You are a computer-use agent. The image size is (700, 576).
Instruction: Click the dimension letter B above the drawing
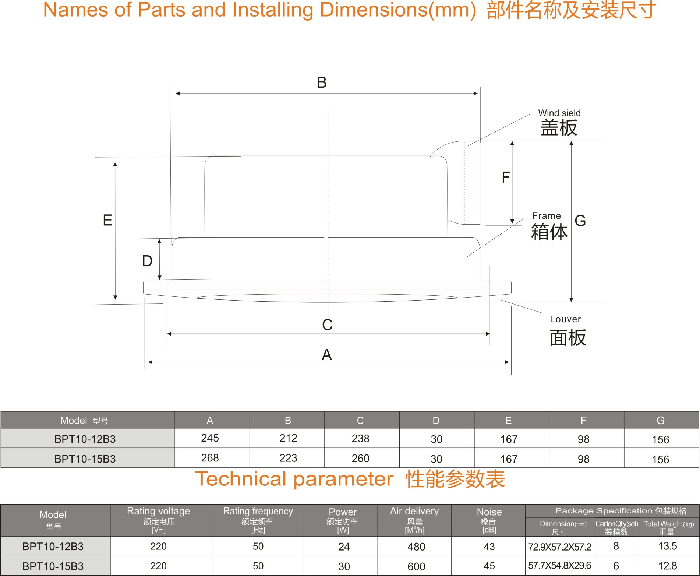(322, 82)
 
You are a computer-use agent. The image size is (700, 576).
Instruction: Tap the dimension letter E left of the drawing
(107, 220)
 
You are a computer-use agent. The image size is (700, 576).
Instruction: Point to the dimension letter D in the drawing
(147, 261)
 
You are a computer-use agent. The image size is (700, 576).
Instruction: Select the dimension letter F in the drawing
(506, 178)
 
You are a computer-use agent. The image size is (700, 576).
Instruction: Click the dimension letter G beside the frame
(580, 221)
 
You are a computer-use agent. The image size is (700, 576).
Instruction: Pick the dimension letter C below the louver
(327, 325)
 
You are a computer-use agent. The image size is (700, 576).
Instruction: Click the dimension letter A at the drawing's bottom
(327, 355)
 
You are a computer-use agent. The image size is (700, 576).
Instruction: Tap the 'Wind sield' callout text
(559, 113)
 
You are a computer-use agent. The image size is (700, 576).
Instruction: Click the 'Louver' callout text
(565, 319)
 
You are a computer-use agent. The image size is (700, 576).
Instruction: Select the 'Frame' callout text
(547, 216)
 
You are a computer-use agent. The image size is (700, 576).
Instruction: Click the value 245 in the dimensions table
(210, 438)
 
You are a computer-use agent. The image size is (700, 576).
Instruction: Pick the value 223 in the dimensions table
(288, 458)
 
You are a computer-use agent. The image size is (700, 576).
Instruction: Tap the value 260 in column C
(360, 459)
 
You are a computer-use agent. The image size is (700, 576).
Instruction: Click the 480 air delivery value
(416, 547)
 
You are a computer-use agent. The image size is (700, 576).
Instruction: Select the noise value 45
(489, 566)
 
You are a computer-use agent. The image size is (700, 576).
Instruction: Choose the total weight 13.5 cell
(668, 546)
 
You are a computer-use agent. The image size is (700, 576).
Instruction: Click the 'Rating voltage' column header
(158, 511)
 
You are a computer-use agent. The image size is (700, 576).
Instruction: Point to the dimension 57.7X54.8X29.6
(559, 566)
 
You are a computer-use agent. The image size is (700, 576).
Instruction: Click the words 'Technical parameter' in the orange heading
(294, 479)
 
